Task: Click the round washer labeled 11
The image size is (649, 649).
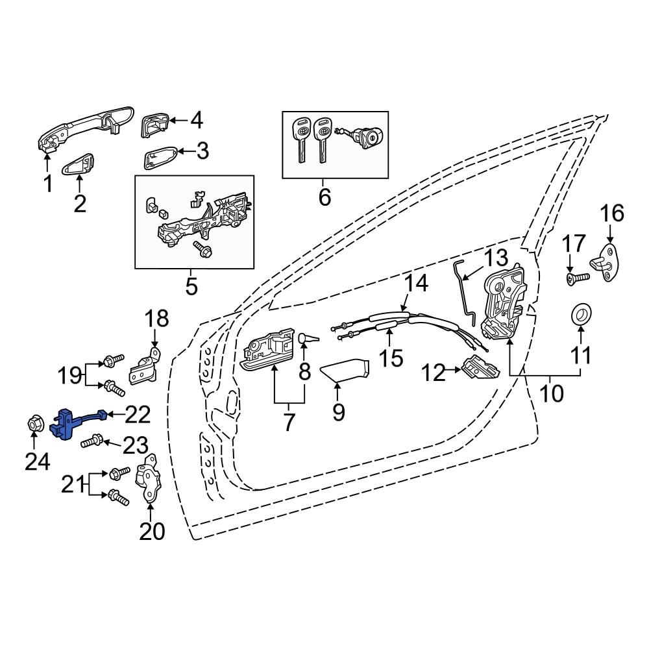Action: [580, 315]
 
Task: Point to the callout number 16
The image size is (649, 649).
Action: [611, 213]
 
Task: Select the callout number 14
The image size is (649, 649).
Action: [417, 284]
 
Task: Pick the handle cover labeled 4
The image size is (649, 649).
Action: [154, 124]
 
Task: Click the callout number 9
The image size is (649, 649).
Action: [338, 411]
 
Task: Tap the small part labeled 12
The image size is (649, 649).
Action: [481, 369]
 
